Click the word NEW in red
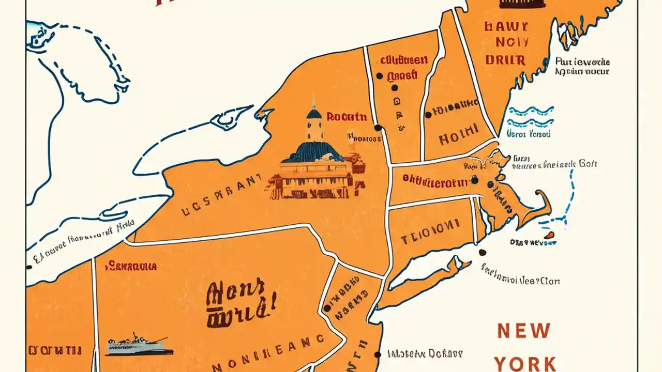pos(524,331)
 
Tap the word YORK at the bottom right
pos(525,363)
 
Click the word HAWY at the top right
pos(506,27)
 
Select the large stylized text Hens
pos(235,293)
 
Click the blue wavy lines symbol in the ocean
pos(530,117)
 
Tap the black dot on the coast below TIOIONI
pos(483,253)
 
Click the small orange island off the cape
pos(550,235)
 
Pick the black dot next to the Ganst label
pos(380,76)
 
